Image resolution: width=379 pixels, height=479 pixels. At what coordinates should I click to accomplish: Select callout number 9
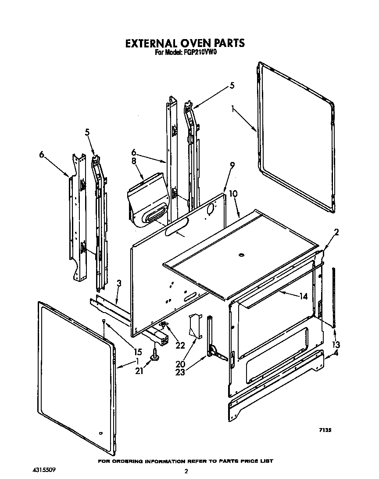point(232,166)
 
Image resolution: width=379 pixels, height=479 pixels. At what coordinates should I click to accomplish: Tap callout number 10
point(233,194)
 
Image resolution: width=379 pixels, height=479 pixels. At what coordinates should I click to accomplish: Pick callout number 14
point(303,296)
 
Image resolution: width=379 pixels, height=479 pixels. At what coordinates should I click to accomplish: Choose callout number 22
point(180,345)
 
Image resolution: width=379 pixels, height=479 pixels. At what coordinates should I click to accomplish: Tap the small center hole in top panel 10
point(241,255)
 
